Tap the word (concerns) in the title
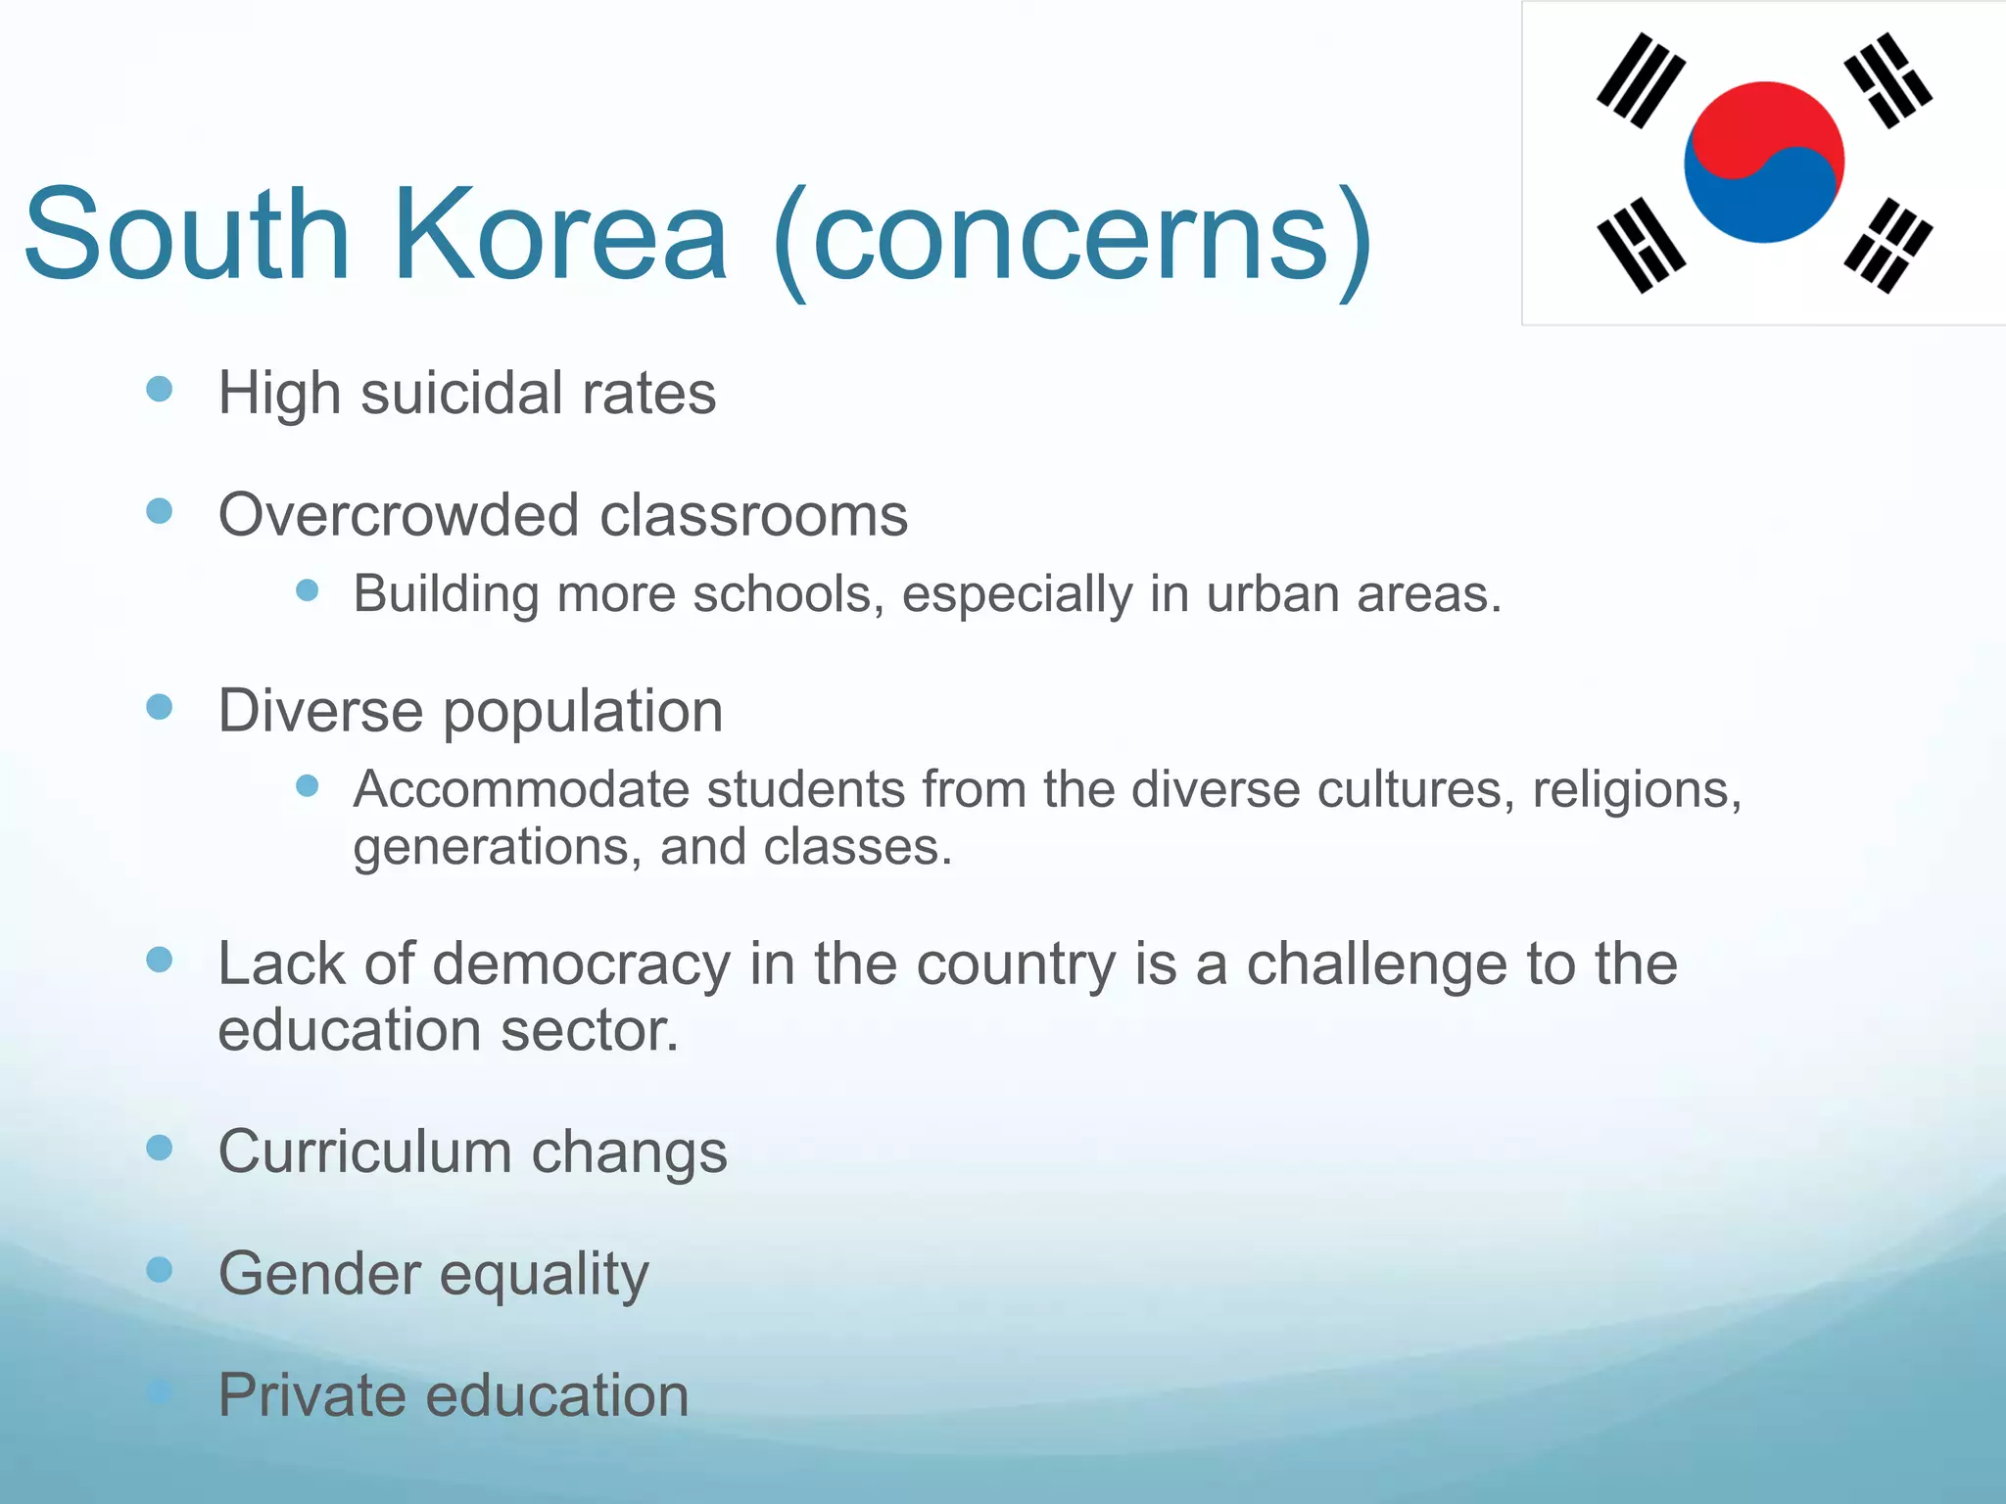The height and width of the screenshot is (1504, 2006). (1072, 239)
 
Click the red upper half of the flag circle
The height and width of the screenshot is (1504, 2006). (1763, 122)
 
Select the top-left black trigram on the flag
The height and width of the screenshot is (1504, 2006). (1641, 80)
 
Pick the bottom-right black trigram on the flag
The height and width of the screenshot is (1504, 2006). (1887, 245)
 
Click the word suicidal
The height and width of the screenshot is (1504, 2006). (462, 394)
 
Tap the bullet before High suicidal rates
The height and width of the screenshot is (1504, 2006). (159, 390)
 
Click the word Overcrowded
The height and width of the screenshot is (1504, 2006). (399, 515)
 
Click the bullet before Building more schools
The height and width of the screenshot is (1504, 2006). (308, 590)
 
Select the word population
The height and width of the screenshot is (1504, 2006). (583, 712)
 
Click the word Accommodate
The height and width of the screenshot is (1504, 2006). (521, 789)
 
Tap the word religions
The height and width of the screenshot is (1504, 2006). (1637, 789)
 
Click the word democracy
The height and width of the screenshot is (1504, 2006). (582, 964)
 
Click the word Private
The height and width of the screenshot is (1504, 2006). (310, 1395)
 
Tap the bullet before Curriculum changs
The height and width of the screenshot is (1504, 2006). (159, 1148)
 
